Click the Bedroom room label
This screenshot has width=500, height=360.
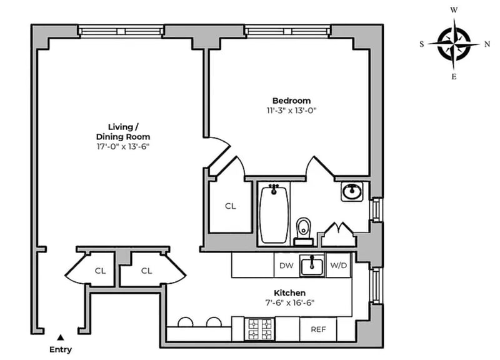291,101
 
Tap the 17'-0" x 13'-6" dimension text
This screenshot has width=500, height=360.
123,147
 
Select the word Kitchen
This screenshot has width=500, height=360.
289,292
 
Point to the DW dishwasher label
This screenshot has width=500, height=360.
286,266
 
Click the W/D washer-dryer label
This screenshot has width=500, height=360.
339,265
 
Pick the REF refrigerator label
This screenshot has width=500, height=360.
318,329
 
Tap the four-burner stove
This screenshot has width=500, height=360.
260,329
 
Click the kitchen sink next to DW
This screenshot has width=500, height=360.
312,265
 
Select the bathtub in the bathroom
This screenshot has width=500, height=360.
274,214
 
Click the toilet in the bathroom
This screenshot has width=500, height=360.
303,231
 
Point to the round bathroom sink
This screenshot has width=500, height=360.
352,192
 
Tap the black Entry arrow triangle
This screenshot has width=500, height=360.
60,337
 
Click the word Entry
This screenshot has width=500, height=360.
61,349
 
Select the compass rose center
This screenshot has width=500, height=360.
454,44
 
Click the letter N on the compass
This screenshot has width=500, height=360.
487,44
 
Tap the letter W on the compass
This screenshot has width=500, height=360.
454,10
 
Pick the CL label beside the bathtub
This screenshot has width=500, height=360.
231,206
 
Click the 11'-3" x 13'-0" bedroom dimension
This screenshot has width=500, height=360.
291,111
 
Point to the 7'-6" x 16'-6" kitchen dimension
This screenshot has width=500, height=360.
289,302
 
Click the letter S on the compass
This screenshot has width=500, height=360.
422,44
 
